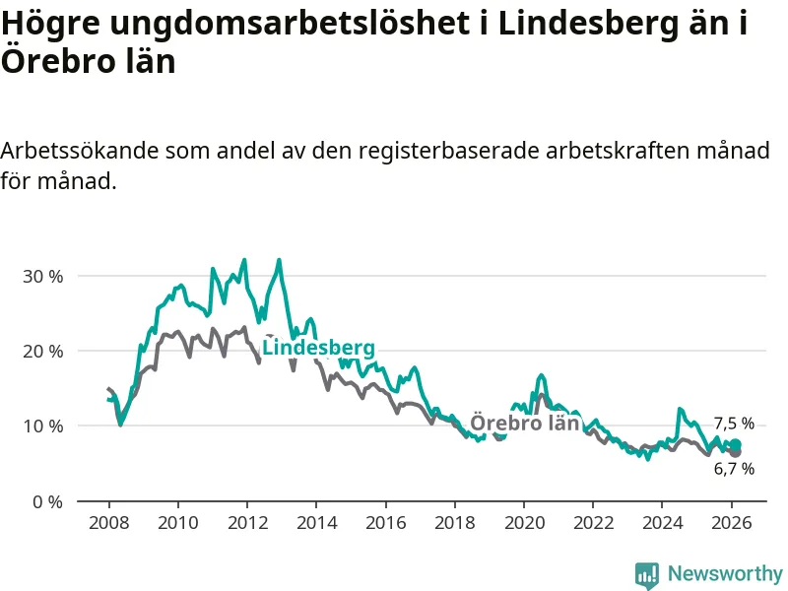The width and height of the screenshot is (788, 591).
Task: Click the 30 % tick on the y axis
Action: tap(42, 276)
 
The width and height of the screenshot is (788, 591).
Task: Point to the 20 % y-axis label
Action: tap(42, 352)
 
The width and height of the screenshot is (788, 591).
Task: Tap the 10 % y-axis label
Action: tap(42, 427)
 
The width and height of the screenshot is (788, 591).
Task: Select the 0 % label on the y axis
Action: tap(47, 501)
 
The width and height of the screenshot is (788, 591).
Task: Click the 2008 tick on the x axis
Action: tap(107, 522)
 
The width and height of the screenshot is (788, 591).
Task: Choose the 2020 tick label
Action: tap(524, 522)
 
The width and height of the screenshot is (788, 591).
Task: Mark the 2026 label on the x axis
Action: tap(732, 522)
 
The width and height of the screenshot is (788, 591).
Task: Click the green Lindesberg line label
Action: tap(318, 349)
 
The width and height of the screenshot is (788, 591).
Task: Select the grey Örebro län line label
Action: tap(524, 424)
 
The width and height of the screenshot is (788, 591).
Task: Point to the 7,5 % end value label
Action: tap(734, 424)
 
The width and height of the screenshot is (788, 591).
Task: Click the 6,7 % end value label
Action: tap(734, 469)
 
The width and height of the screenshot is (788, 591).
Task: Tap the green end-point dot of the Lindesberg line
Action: tap(735, 445)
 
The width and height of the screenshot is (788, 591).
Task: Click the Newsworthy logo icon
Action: tap(646, 574)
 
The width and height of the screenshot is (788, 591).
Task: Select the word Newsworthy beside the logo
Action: tap(725, 573)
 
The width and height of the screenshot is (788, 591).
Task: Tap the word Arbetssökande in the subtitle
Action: tap(78, 152)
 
